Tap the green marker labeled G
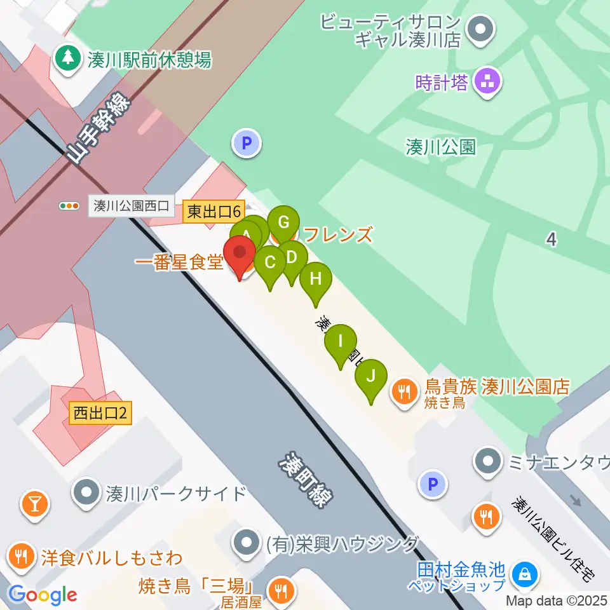pos(283,223)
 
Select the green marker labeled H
pos(316,280)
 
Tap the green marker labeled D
pos(292,258)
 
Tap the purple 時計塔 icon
pos(487,82)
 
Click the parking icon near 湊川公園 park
pos(247,143)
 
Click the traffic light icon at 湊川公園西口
pos(69,206)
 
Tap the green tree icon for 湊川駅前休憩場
pos(66,60)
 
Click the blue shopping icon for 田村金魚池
pos(525,574)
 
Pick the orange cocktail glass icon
pos(34,504)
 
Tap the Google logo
pos(43,595)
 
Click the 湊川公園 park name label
pos(440,147)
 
